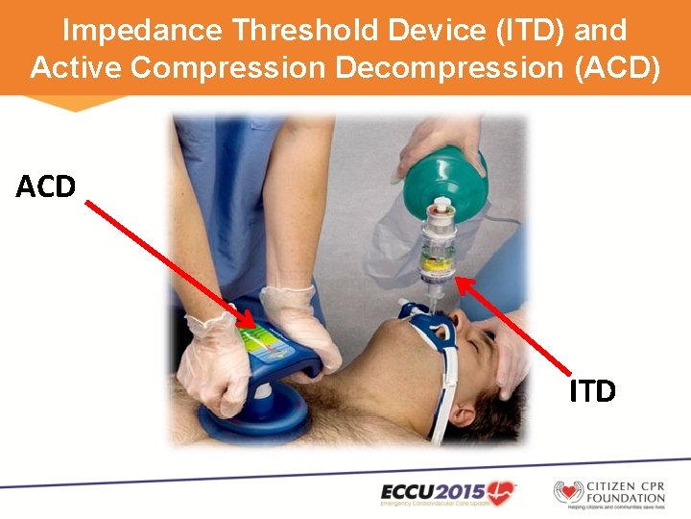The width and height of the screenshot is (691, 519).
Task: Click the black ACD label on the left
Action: pos(46,185)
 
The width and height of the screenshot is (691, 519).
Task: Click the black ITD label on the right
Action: pos(591,391)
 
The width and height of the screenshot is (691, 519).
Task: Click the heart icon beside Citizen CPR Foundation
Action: pos(568,493)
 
